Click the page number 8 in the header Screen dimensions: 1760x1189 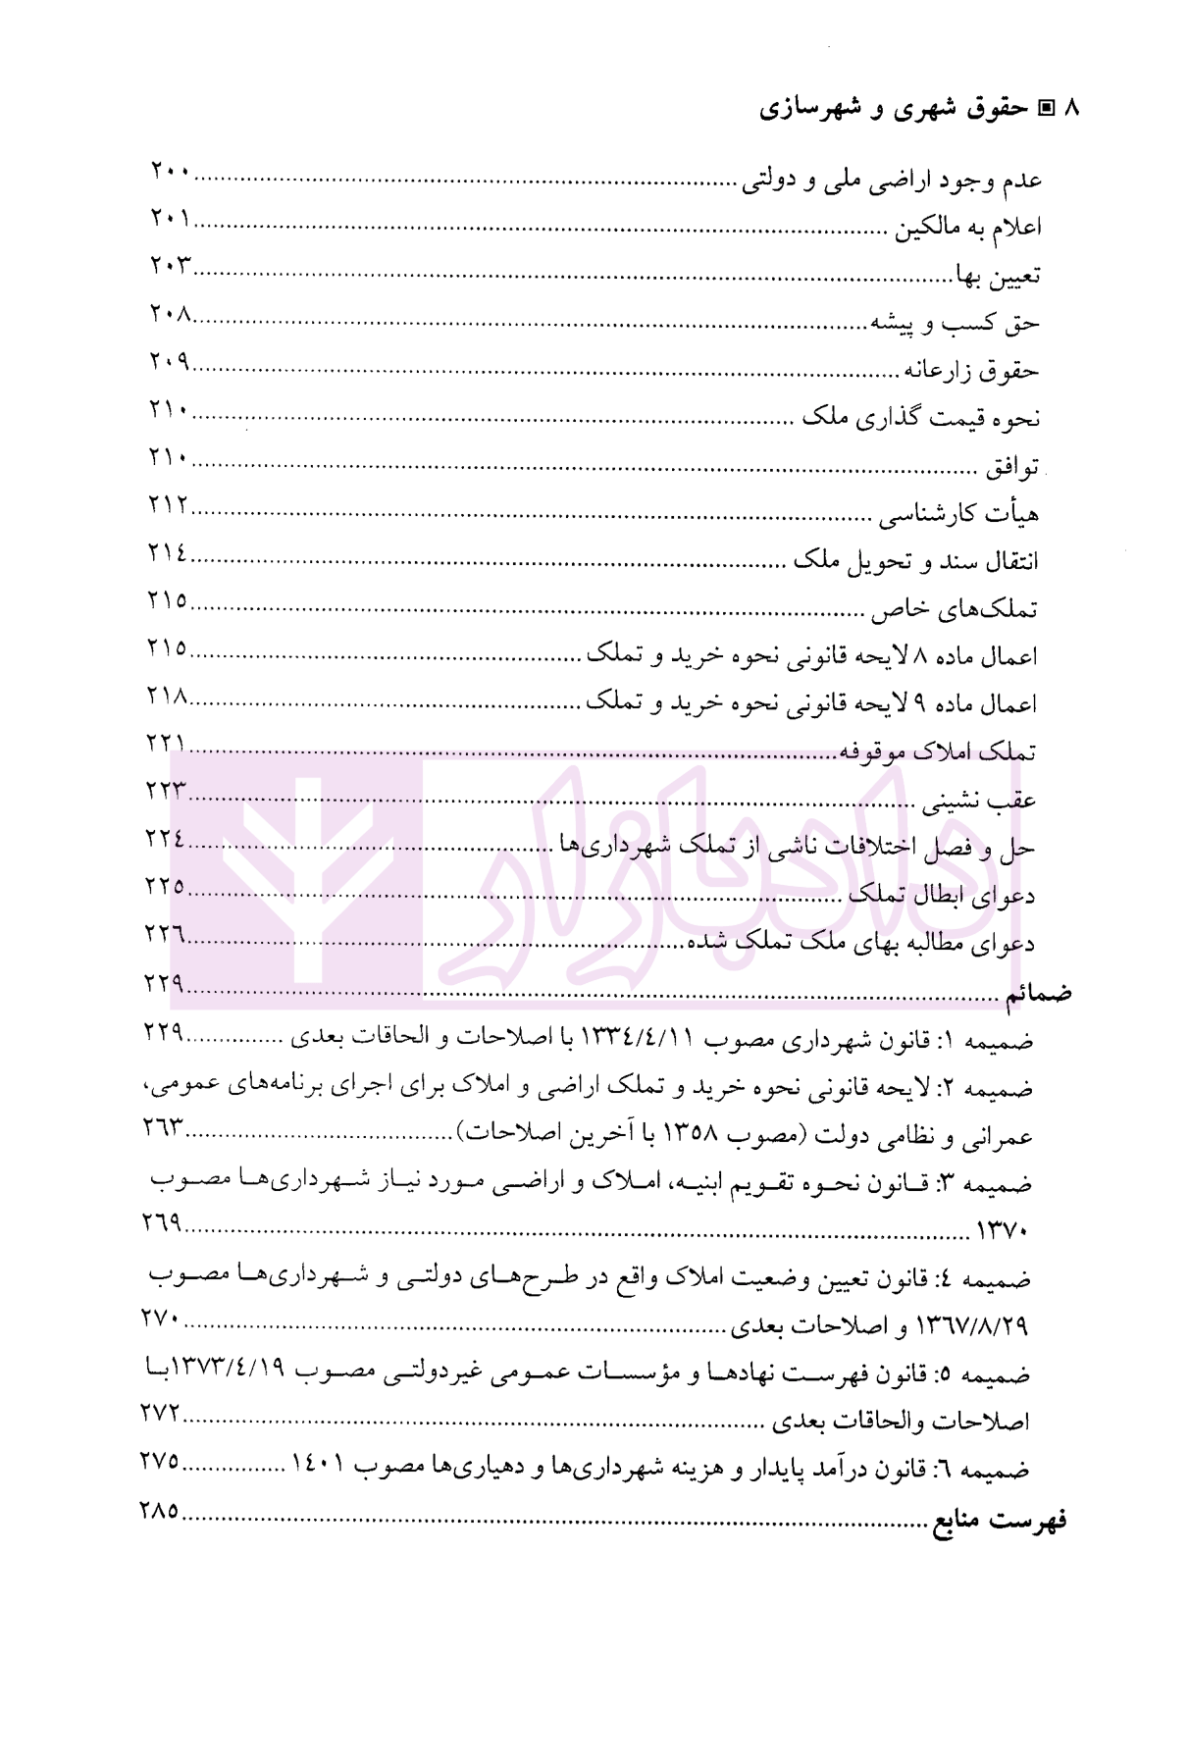point(1070,108)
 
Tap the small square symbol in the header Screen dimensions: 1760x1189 point(1046,108)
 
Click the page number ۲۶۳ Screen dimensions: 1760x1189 point(165,1127)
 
